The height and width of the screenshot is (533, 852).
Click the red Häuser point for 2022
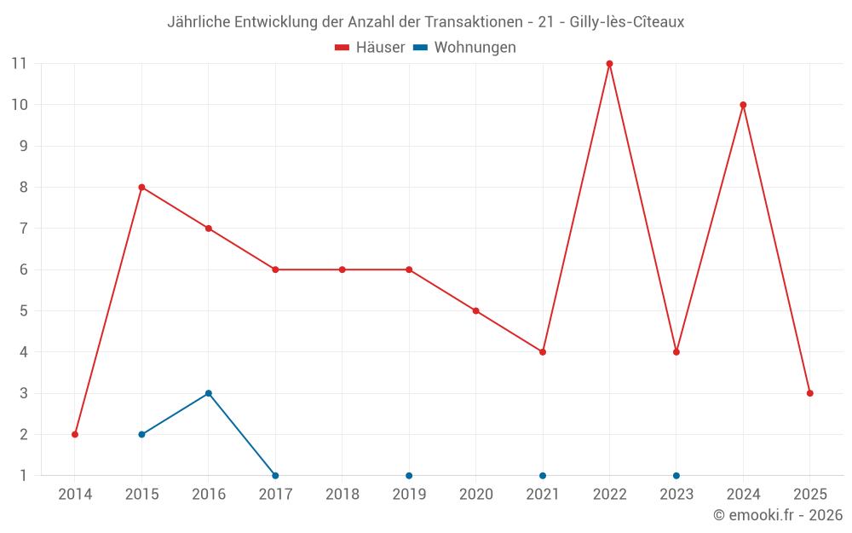[609, 64]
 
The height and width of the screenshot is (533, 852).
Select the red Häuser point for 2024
[743, 105]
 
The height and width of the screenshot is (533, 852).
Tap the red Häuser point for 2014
[75, 434]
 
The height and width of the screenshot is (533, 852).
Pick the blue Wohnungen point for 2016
[209, 393]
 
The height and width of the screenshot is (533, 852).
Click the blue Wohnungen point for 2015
[141, 434]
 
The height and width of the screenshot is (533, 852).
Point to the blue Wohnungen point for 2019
[409, 475]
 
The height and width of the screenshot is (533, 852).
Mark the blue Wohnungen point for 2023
[676, 475]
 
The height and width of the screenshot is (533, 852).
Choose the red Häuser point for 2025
[810, 393]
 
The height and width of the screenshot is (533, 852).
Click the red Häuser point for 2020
[475, 310]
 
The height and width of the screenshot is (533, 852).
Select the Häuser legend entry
[370, 48]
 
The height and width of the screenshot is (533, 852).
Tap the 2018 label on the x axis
[342, 495]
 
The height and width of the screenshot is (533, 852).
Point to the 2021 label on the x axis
[543, 495]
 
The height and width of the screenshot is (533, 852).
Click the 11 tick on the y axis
[19, 64]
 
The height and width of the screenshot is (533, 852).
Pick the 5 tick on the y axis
[24, 310]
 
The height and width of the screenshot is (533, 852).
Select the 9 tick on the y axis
[24, 146]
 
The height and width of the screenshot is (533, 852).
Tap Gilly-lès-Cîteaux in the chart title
[626, 22]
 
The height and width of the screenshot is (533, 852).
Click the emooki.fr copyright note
[778, 515]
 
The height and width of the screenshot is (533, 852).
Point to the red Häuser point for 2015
[141, 187]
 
